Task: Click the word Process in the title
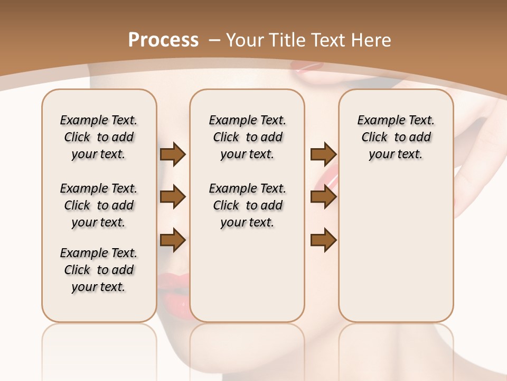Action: pos(163,40)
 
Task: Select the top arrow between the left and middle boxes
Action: pos(173,154)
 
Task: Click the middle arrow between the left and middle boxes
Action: pos(173,197)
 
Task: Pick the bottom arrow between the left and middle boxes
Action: pos(173,240)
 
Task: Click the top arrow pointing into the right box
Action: pos(323,154)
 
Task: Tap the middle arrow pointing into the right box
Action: pos(323,197)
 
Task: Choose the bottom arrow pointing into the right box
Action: pos(323,240)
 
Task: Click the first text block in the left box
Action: pos(99,137)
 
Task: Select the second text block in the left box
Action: pos(99,205)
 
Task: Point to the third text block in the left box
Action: pos(99,270)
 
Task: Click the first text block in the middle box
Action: pos(247,137)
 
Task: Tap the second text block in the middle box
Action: pos(247,205)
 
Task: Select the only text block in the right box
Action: pos(396,137)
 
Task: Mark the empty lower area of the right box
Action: pos(396,249)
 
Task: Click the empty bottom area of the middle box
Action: pos(247,280)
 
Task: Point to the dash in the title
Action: pos(215,40)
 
